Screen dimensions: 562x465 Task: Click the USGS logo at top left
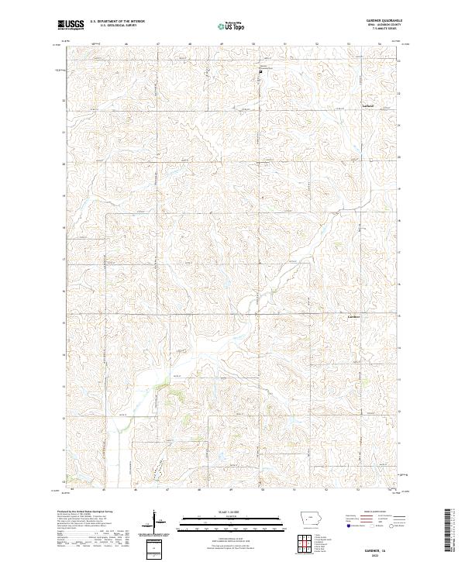pos(71,25)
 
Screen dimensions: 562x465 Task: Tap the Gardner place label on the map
pos(353,316)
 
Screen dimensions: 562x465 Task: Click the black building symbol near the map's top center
pos(260,72)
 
